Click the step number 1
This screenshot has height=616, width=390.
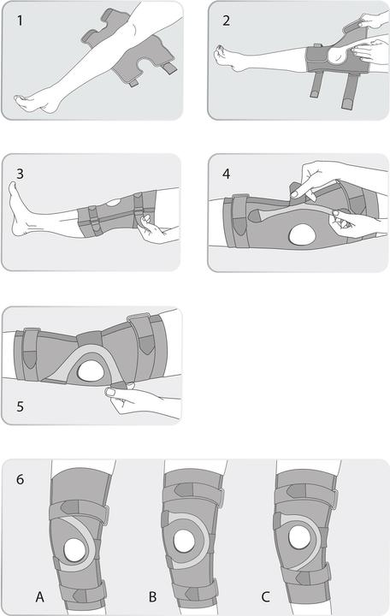tap(19, 19)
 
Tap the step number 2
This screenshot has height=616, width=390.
tap(227, 19)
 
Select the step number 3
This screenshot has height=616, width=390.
tap(19, 172)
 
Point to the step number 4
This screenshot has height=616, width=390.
tap(227, 172)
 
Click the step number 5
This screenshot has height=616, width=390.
tap(20, 406)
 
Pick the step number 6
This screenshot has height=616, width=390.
tap(20, 478)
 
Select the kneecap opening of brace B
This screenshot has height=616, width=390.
tap(186, 540)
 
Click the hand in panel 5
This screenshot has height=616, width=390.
tap(137, 398)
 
